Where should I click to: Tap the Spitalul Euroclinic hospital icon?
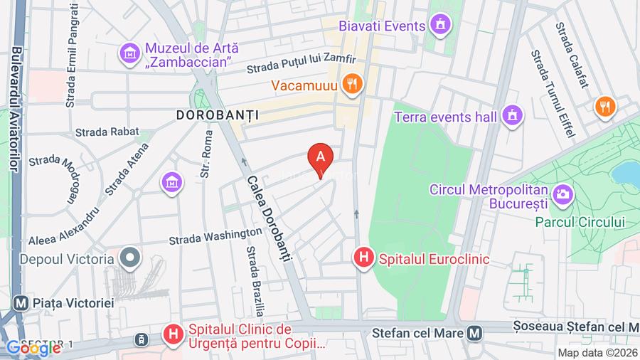pos(364,258)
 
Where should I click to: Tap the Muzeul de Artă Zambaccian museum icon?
pos(130,53)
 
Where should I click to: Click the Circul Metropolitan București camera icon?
pos(562,192)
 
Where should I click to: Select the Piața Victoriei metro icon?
pos(21,302)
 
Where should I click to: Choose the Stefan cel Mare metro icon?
pos(474,332)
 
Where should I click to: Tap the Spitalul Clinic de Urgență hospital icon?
pos(173,333)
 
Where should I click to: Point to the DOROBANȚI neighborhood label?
pos(217,114)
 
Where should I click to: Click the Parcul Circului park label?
pos(580,222)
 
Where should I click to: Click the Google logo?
pos(33,348)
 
